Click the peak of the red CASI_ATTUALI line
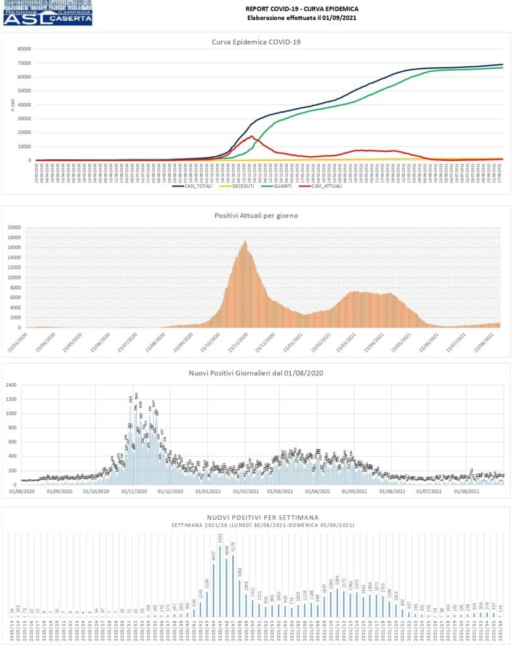tap(252, 136)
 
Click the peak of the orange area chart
tap(245, 241)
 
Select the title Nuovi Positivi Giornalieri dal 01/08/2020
tap(256, 374)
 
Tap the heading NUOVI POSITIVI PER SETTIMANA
tap(256, 517)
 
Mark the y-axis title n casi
tap(13, 105)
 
